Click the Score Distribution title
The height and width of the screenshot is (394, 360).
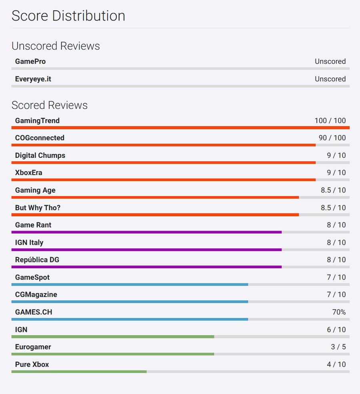(68, 16)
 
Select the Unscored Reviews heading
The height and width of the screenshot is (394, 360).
(56, 46)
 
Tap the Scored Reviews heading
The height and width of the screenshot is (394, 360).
(50, 105)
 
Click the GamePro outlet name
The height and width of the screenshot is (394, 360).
(30, 61)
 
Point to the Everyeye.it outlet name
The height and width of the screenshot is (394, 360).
(33, 79)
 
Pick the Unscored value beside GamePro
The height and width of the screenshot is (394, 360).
(330, 61)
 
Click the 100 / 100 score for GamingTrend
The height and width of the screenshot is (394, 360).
(330, 121)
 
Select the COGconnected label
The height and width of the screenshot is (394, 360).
(40, 138)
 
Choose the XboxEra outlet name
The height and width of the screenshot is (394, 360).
(28, 173)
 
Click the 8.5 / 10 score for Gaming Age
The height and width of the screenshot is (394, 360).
(333, 190)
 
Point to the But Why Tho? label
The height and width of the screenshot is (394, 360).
(38, 207)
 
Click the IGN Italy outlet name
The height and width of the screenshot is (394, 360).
(29, 242)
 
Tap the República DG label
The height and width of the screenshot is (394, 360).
(37, 259)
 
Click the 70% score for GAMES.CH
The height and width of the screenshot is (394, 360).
(339, 312)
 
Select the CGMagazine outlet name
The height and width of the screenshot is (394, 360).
(36, 294)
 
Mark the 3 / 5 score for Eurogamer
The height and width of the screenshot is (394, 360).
(338, 347)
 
